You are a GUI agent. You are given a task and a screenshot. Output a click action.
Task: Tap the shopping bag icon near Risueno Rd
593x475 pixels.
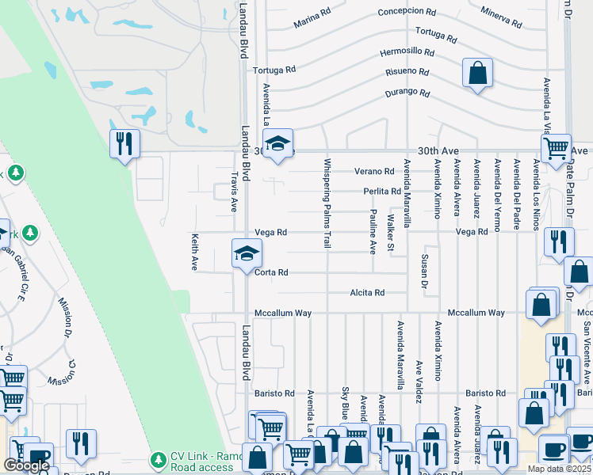pos(478,74)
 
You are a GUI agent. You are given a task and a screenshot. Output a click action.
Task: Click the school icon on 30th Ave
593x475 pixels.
pos(277,145)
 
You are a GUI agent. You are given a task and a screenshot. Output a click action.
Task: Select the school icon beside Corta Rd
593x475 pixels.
pos(246,253)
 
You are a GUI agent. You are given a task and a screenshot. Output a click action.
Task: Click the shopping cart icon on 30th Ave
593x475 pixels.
pos(556,147)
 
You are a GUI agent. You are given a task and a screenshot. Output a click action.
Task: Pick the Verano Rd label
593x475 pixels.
pos(374,171)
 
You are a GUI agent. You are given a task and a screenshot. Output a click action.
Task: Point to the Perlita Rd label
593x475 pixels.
pos(382,192)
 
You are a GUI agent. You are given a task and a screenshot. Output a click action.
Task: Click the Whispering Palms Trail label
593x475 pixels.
pos(327,203)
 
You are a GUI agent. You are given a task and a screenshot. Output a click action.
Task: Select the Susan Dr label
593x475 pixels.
pos(425,272)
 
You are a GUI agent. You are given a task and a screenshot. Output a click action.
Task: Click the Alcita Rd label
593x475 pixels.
pos(367,293)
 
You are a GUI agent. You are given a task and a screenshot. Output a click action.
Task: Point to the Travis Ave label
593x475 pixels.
pos(234,192)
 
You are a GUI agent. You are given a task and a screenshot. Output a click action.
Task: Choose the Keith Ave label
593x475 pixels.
pos(194,252)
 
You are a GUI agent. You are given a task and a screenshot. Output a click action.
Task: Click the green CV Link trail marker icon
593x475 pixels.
pos(159,459)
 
